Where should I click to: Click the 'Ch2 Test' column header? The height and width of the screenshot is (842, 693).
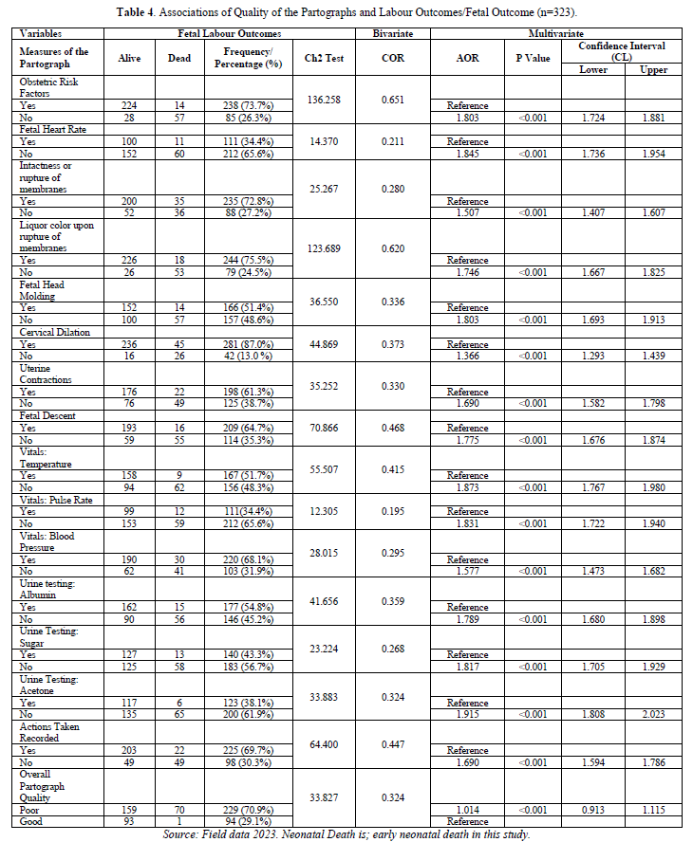[325, 58]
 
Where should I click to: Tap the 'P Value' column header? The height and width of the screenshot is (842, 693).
[534, 58]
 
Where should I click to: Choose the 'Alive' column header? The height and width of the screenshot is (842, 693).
[129, 58]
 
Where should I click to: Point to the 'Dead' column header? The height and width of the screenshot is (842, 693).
[178, 58]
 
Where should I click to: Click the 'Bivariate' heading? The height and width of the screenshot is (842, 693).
[393, 33]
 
